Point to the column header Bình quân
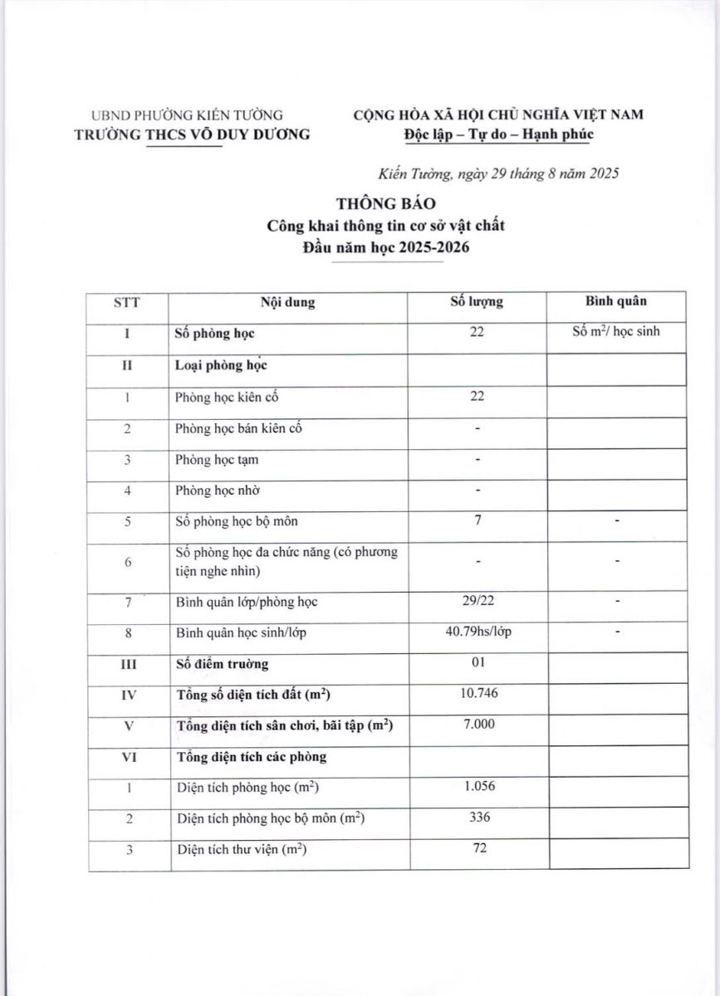coord(616,301)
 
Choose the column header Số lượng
coord(477,302)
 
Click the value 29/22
coord(477,601)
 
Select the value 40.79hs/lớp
coord(477,632)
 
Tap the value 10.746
coord(477,692)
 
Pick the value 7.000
coord(477,724)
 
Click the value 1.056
coord(477,786)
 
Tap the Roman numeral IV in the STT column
coord(129,694)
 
